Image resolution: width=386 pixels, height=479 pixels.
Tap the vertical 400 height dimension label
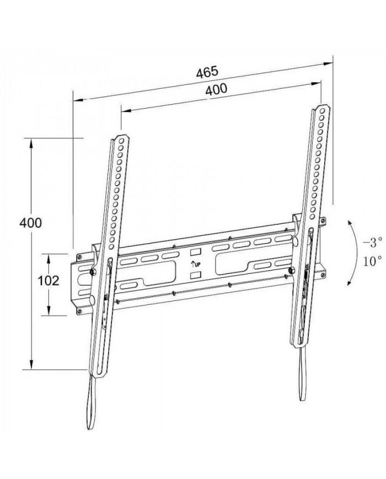[30, 223]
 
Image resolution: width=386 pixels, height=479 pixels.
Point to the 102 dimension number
[49, 280]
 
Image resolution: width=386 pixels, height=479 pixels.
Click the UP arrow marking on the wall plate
[195, 263]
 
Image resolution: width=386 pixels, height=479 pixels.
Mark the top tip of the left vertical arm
[120, 134]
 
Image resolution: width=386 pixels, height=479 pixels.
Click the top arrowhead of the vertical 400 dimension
[32, 141]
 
